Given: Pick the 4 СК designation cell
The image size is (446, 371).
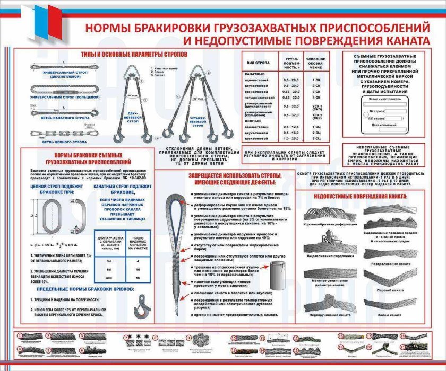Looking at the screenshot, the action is [316, 98].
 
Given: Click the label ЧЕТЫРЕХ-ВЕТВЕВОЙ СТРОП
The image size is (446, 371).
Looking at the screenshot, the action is [198, 123].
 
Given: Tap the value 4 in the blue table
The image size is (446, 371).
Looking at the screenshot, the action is [138, 261].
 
